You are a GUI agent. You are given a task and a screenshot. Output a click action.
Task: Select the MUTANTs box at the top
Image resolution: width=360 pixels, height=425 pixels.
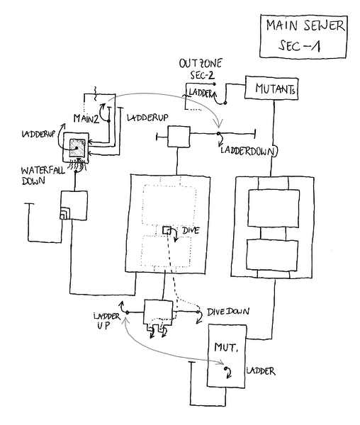(x=269, y=90)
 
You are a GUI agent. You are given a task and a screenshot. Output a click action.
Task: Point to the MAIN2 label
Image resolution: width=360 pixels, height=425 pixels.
(x=86, y=116)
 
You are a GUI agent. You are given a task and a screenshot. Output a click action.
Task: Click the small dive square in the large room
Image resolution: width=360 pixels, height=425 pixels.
(x=167, y=231)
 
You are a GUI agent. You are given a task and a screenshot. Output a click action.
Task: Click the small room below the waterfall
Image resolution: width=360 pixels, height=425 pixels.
(x=73, y=206)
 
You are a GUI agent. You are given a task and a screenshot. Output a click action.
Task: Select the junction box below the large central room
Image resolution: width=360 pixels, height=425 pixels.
(x=158, y=311)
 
